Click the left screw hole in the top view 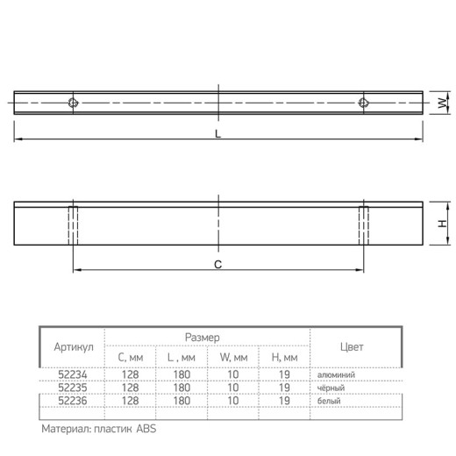coord(73,103)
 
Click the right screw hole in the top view coord(363,103)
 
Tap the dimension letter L coord(217,134)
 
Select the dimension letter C coord(217,264)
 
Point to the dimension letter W coord(443,103)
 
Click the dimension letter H coord(443,224)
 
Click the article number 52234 coord(73,374)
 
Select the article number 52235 coord(73,388)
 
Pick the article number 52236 coord(73,401)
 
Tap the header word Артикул coord(74,347)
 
